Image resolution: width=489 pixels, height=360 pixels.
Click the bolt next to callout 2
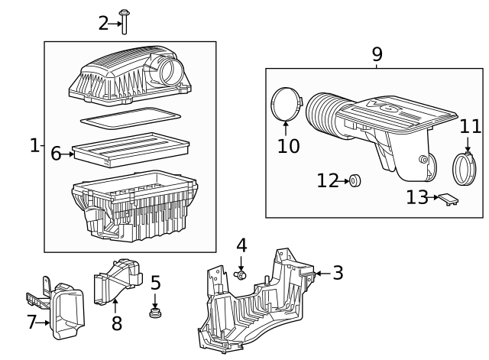[125, 22]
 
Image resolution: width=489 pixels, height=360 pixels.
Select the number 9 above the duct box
[377, 55]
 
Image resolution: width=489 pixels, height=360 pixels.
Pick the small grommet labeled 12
[355, 181]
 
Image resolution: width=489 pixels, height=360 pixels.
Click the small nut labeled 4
[241, 274]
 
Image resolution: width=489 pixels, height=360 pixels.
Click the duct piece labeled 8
[118, 284]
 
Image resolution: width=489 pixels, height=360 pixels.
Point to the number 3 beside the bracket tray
[338, 272]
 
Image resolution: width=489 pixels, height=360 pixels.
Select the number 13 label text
[417, 198]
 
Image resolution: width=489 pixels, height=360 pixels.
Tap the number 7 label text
[32, 323]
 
